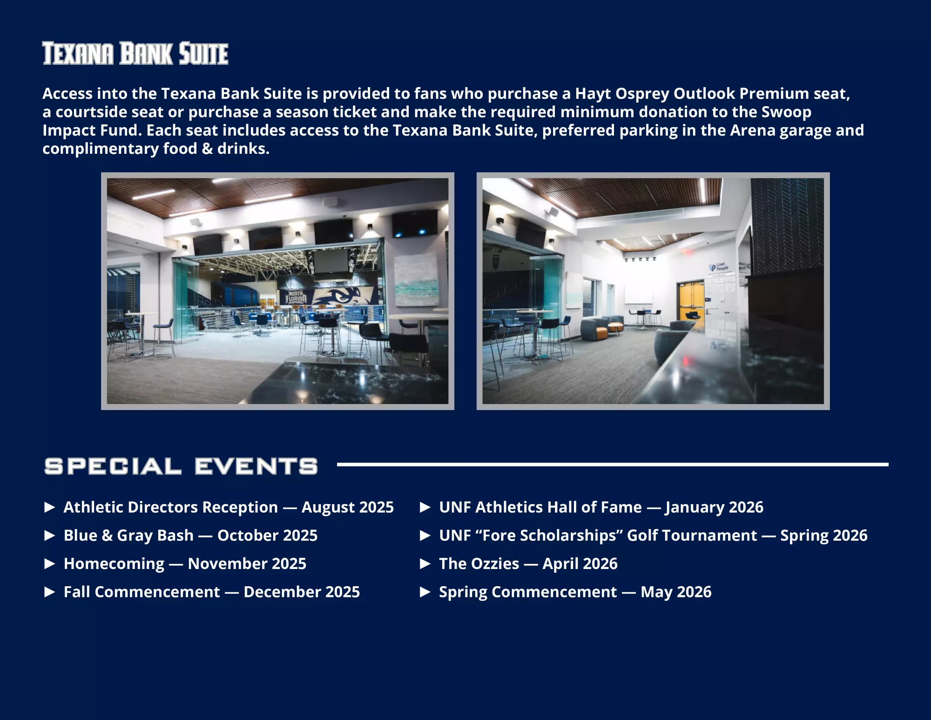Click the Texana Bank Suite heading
[x=135, y=53]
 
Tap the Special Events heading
[x=181, y=466]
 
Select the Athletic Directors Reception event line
[x=229, y=507]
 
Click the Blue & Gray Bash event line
[x=190, y=535]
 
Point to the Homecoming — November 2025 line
[x=185, y=564]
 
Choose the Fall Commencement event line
[x=212, y=592]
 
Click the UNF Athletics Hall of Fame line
[x=601, y=507]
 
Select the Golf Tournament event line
[x=654, y=535]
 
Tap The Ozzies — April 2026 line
[x=528, y=564]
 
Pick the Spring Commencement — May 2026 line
[x=575, y=592]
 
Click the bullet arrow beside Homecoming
[x=50, y=564]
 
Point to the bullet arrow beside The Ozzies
[x=425, y=564]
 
